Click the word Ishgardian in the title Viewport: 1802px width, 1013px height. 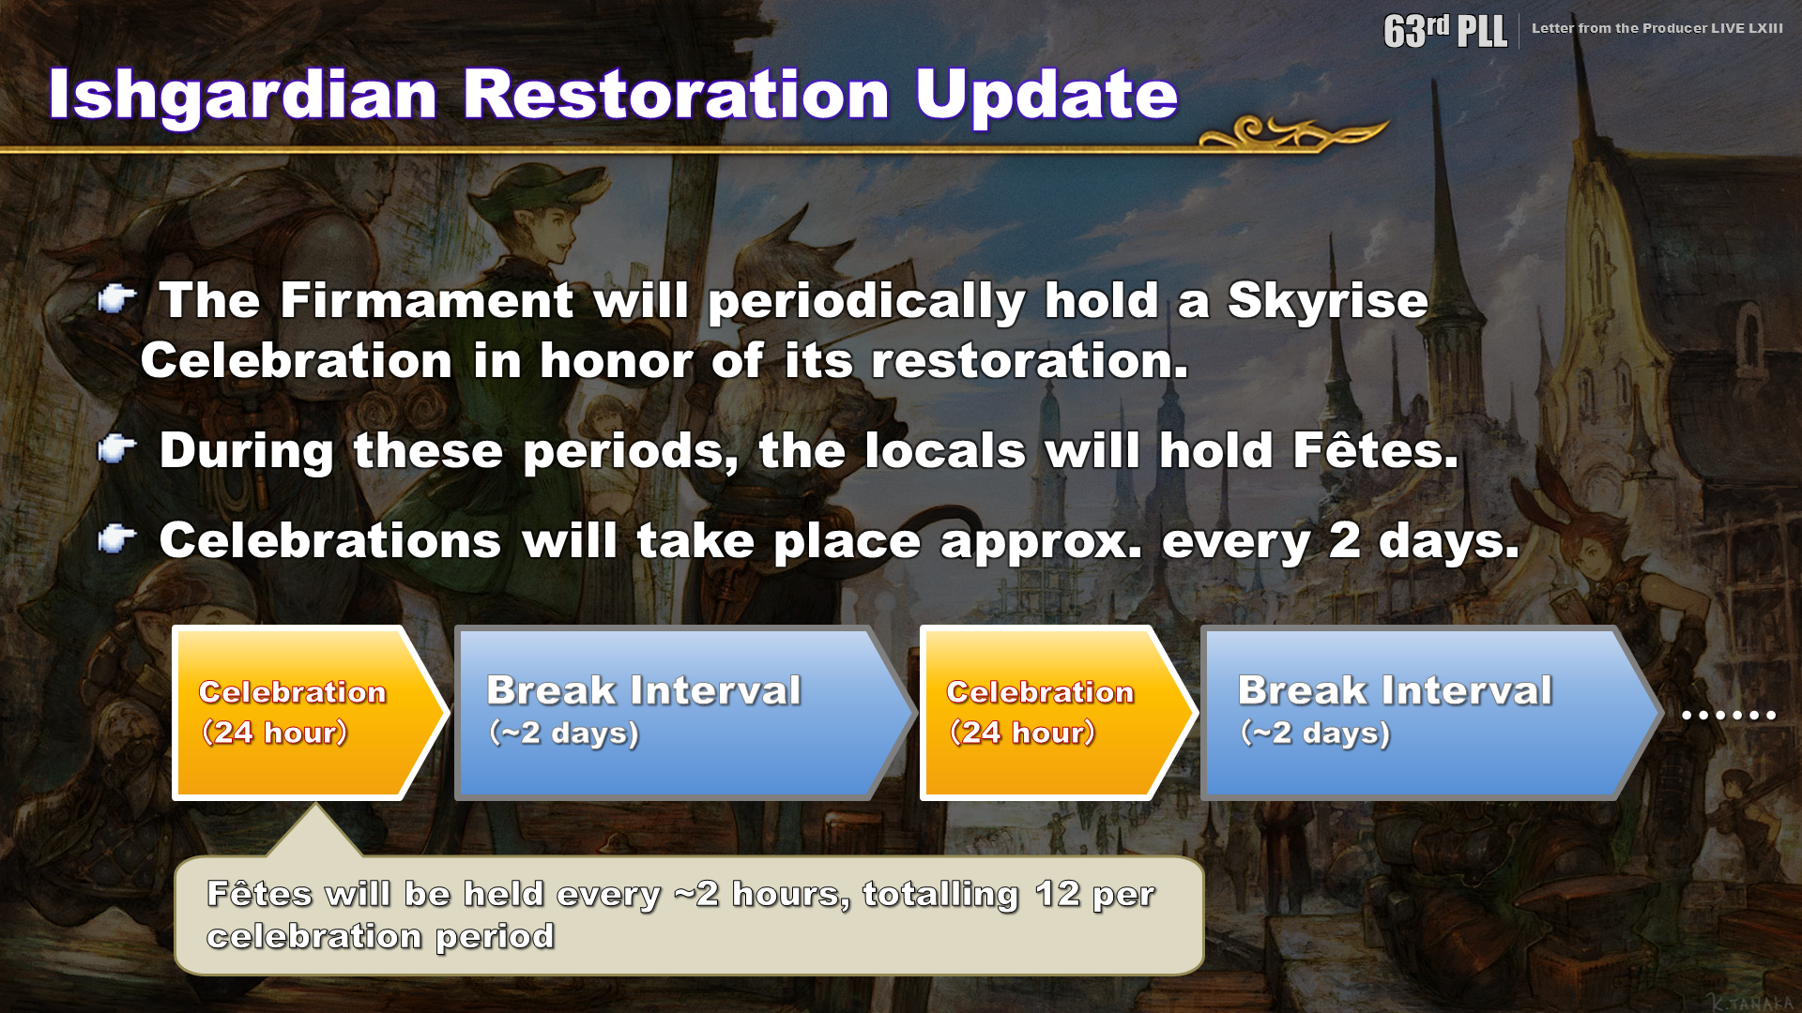[x=243, y=96]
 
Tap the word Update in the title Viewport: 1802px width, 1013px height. [x=1046, y=96]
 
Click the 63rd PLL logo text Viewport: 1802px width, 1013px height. [x=1445, y=31]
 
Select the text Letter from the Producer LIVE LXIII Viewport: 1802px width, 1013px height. [x=1657, y=28]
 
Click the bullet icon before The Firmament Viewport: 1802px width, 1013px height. [x=117, y=299]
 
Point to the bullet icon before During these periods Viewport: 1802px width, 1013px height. [x=117, y=449]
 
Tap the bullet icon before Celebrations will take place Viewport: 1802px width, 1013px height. [x=117, y=539]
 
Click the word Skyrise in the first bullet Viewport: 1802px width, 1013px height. [x=1328, y=302]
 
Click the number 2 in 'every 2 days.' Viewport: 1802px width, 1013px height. [x=1345, y=540]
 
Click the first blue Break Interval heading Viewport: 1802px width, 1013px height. [x=644, y=690]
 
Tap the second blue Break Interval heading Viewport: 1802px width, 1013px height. [x=1395, y=690]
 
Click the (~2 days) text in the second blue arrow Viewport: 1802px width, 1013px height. [x=1315, y=733]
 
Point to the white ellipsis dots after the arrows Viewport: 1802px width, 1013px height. [x=1729, y=715]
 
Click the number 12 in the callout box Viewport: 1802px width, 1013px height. [x=1058, y=894]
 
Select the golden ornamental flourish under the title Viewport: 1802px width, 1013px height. [x=1293, y=134]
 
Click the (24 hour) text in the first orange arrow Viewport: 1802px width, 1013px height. [x=274, y=732]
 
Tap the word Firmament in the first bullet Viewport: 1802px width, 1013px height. [x=427, y=301]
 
